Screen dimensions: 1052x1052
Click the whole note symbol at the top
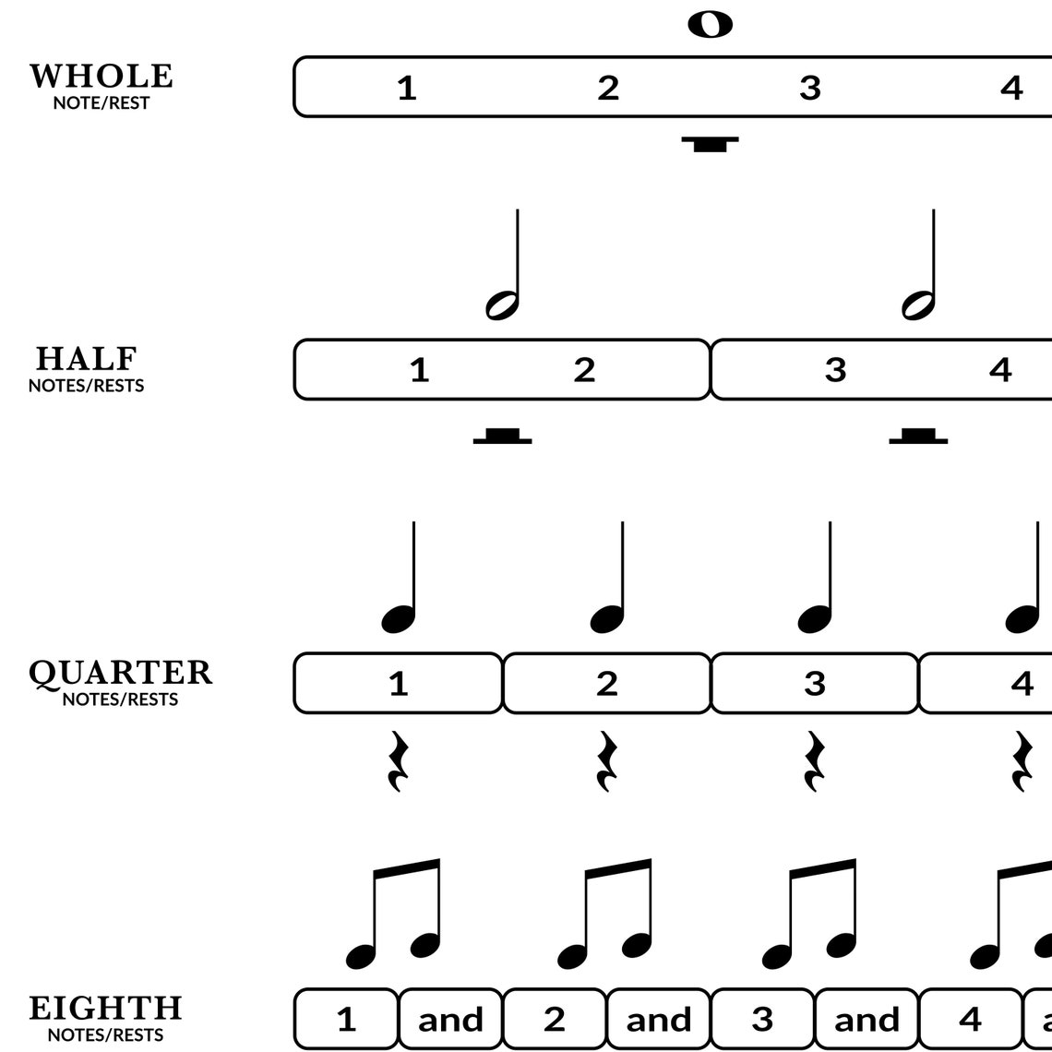tap(711, 25)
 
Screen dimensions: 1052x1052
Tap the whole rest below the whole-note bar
tap(711, 143)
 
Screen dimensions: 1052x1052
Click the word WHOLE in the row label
tap(102, 77)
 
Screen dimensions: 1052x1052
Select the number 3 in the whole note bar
tap(809, 88)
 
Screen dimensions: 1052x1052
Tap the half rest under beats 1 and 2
tap(502, 436)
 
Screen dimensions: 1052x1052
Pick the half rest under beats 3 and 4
tap(918, 436)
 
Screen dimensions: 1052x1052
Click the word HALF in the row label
tap(87, 359)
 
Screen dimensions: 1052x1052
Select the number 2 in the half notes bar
tap(584, 370)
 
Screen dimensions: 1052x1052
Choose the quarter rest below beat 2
tap(606, 761)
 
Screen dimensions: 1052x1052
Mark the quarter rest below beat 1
tap(398, 761)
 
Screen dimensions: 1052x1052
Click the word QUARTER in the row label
tap(121, 673)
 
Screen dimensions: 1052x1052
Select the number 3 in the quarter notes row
tap(815, 684)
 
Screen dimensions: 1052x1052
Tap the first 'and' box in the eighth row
tap(450, 1020)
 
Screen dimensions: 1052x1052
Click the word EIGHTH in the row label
tap(106, 1009)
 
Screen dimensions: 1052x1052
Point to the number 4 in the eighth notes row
tap(970, 1020)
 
